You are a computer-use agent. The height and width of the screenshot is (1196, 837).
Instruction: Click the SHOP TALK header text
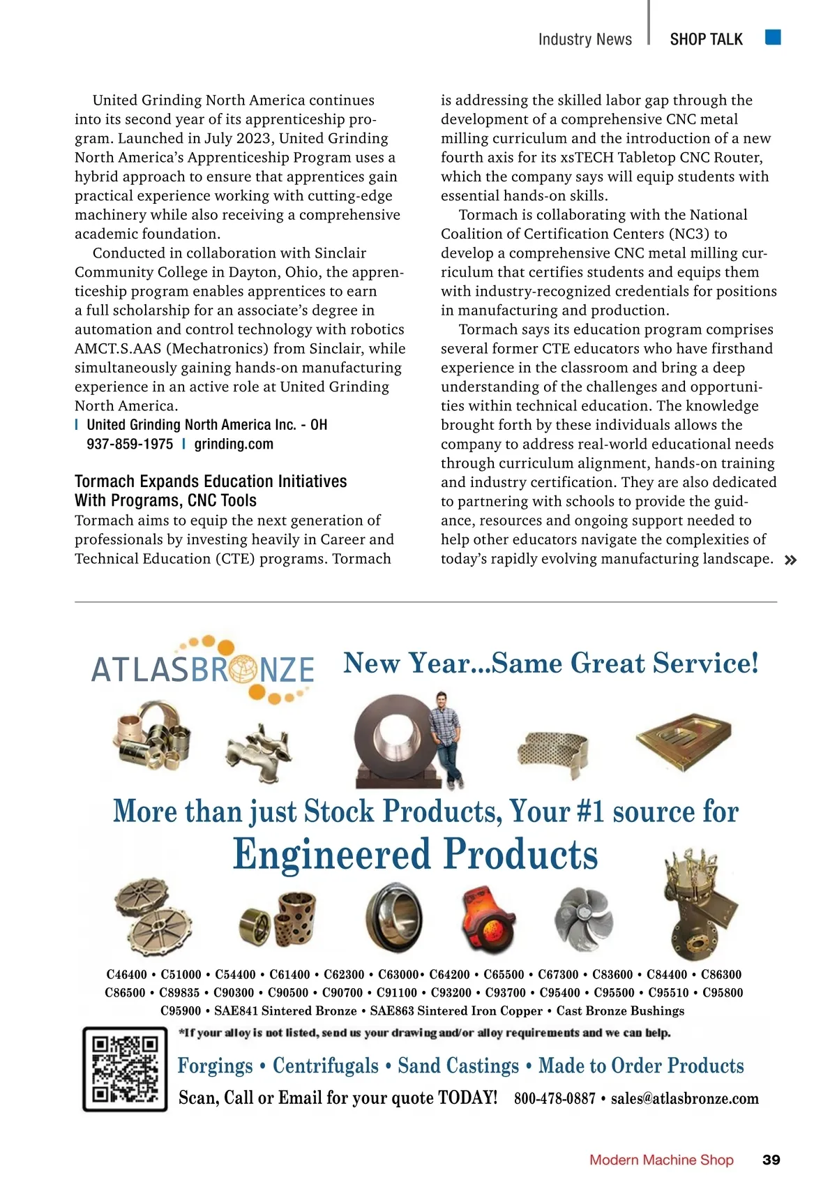point(706,40)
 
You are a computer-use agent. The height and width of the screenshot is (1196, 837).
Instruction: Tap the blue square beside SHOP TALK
point(772,37)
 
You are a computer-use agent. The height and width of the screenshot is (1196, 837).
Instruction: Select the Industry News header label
point(585,40)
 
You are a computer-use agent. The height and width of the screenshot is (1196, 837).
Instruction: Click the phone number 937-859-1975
point(130,444)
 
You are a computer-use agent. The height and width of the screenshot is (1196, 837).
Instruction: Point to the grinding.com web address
point(234,444)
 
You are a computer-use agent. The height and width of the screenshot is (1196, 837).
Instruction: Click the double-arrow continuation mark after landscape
point(790,560)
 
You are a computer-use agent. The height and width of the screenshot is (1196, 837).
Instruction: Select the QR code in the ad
point(126,1068)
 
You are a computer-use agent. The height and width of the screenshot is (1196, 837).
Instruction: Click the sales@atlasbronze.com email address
point(684,1098)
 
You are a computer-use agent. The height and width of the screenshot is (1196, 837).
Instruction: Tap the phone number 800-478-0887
point(555,1098)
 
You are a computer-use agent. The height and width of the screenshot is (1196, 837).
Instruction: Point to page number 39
point(771,1160)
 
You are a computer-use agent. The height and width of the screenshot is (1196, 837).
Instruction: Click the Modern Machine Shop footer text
point(661,1160)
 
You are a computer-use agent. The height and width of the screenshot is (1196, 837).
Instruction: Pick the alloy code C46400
point(126,975)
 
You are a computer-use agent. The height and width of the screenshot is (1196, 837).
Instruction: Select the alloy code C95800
point(723,993)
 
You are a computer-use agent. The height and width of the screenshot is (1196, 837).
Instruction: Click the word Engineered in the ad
point(332,855)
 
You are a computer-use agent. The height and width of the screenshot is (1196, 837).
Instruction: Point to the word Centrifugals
point(326,1066)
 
